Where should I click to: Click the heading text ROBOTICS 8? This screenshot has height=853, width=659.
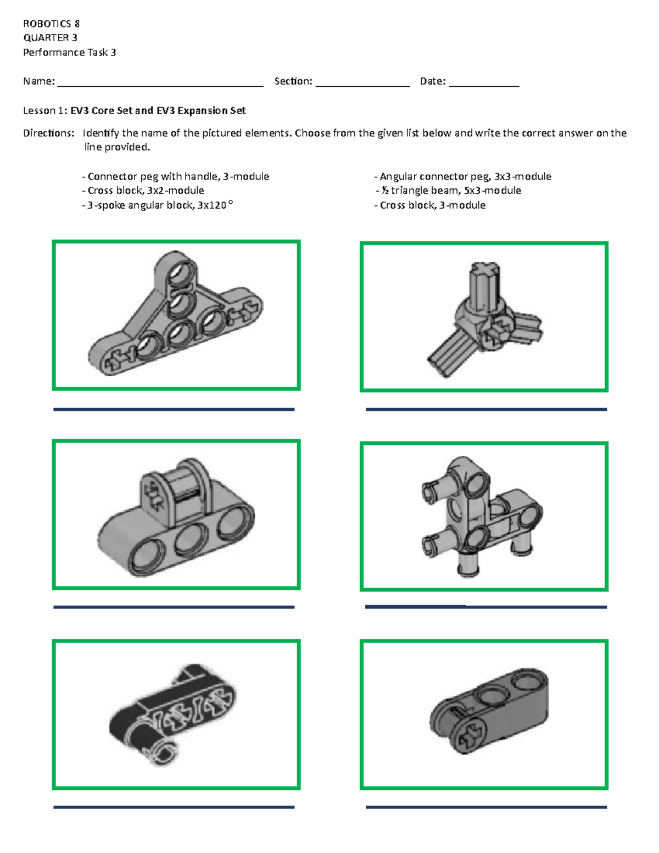click(x=51, y=24)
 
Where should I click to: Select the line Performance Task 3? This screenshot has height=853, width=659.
click(x=69, y=53)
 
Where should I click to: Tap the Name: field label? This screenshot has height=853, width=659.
click(x=38, y=81)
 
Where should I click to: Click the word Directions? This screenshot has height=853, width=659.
click(x=48, y=133)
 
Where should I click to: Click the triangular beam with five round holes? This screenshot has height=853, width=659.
click(x=176, y=316)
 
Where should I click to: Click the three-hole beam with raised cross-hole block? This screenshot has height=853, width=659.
click(x=176, y=516)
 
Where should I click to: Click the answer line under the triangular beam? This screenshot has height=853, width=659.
click(x=174, y=409)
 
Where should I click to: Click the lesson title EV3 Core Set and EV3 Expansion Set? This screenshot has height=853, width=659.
click(x=158, y=110)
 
